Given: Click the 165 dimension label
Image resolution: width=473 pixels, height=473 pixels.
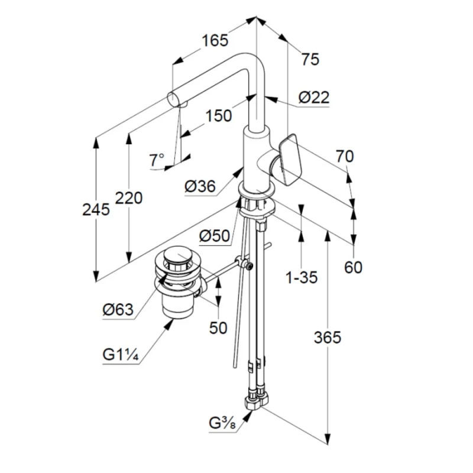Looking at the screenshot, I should pos(214,41).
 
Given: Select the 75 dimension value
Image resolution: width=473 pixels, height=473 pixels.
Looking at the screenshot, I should pos(310,59).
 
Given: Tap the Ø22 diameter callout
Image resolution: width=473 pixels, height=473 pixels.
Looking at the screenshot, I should pos(314,98).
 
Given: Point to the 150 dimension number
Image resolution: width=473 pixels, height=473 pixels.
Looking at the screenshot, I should pos(218,116).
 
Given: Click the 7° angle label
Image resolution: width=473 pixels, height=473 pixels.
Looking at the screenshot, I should pos(157,160).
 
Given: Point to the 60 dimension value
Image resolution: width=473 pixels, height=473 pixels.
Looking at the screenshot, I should pos(353,267).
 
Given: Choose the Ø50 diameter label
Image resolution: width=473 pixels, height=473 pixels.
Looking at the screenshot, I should pos(214,236).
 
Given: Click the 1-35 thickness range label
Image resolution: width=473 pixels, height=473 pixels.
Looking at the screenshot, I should pos(302,277).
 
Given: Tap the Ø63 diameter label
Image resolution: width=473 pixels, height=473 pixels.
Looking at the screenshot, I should pos(118,309).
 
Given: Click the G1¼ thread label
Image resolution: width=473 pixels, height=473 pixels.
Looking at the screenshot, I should pos(120,355).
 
